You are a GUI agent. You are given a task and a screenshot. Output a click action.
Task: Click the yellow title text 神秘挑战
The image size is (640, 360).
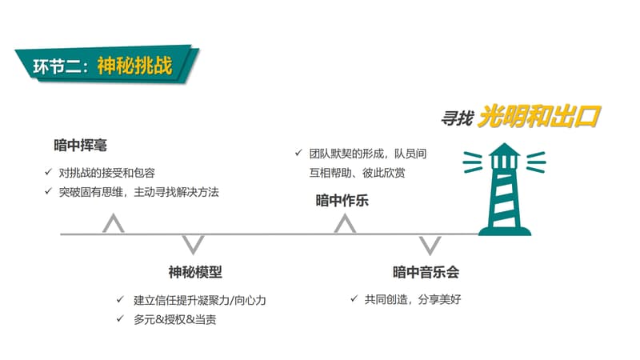pos(134,66)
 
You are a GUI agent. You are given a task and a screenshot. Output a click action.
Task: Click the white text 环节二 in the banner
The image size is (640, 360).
pos(57,66)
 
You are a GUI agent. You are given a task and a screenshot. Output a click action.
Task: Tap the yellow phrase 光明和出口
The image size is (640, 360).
pos(539,117)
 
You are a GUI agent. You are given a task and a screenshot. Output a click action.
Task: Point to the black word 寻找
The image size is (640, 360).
pos(458,118)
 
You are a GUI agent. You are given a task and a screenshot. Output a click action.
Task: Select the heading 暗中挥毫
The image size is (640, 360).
pos(81,146)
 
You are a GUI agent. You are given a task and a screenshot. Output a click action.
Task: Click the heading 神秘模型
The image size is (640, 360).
pos(195,272)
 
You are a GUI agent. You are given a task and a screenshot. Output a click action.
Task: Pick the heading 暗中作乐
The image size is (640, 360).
pos(342,201)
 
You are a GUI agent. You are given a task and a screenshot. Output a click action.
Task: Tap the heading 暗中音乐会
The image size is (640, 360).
pos(426,272)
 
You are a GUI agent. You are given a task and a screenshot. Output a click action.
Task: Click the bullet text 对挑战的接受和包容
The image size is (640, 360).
pos(107,173)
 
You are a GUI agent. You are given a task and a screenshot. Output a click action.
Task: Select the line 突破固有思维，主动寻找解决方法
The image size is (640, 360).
pos(138,192)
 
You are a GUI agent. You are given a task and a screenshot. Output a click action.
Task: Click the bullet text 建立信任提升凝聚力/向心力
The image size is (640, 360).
pos(199,301)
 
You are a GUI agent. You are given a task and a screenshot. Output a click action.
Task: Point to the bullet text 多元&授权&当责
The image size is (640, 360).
pos(174,319)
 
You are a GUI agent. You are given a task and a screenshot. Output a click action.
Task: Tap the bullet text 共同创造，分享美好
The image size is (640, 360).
pos(413,299)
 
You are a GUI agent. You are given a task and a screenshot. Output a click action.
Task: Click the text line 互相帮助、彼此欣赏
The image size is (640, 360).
pos(357,173)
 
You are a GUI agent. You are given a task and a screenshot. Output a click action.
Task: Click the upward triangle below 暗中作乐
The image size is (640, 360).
pos(345,224)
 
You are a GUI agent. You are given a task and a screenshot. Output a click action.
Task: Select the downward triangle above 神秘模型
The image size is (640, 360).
pos(193,245)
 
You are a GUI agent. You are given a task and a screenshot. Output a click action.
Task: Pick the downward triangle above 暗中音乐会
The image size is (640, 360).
pos(430,245)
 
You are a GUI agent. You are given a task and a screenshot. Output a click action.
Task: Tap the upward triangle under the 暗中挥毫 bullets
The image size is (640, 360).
pos(114,223)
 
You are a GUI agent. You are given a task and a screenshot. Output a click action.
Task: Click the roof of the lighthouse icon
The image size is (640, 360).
pos(505,150)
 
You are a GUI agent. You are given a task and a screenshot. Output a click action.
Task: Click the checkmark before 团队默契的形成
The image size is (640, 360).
pos(298,153)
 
